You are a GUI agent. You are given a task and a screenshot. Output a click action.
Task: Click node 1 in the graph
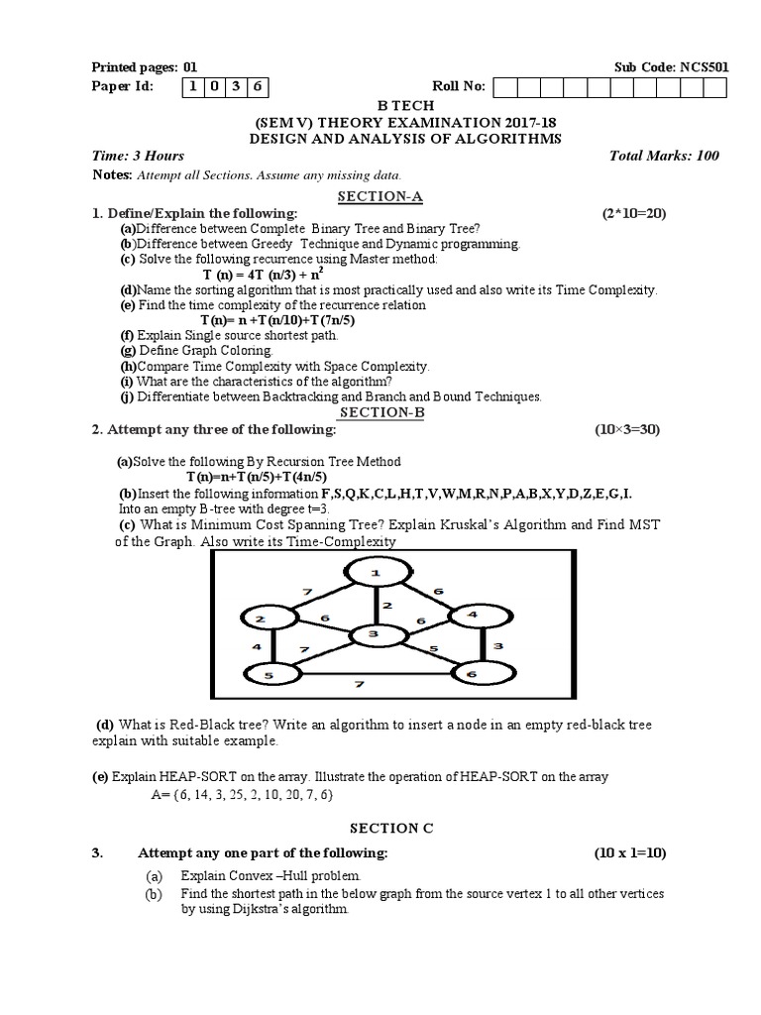click(376, 574)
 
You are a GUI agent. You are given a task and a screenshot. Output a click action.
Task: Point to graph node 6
click(486, 674)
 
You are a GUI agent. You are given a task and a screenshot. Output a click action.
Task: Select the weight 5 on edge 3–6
click(432, 650)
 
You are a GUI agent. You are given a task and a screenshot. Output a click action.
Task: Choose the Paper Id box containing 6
click(258, 86)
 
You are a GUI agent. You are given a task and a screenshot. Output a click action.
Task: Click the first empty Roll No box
click(503, 87)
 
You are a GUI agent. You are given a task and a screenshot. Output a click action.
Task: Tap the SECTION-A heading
click(380, 196)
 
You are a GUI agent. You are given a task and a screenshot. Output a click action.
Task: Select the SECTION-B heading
click(381, 412)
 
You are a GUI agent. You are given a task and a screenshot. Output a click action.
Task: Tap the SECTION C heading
click(381, 828)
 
